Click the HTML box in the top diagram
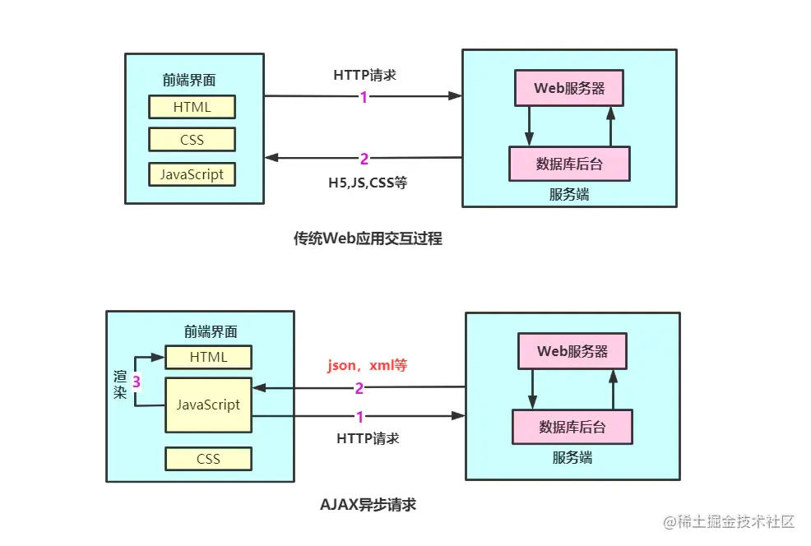[192, 107]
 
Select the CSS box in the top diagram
[192, 140]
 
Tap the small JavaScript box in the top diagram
[192, 174]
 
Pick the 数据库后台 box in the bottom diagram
[572, 427]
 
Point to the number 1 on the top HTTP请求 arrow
[364, 97]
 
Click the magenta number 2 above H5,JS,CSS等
[364, 159]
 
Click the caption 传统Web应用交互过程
[368, 238]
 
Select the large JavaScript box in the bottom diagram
[208, 405]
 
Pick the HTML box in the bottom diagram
[208, 357]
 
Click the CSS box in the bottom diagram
[208, 459]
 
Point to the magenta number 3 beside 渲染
[137, 382]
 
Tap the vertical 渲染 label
[119, 384]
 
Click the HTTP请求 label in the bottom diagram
[368, 438]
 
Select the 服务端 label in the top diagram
[569, 195]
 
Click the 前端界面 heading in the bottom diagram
[211, 331]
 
